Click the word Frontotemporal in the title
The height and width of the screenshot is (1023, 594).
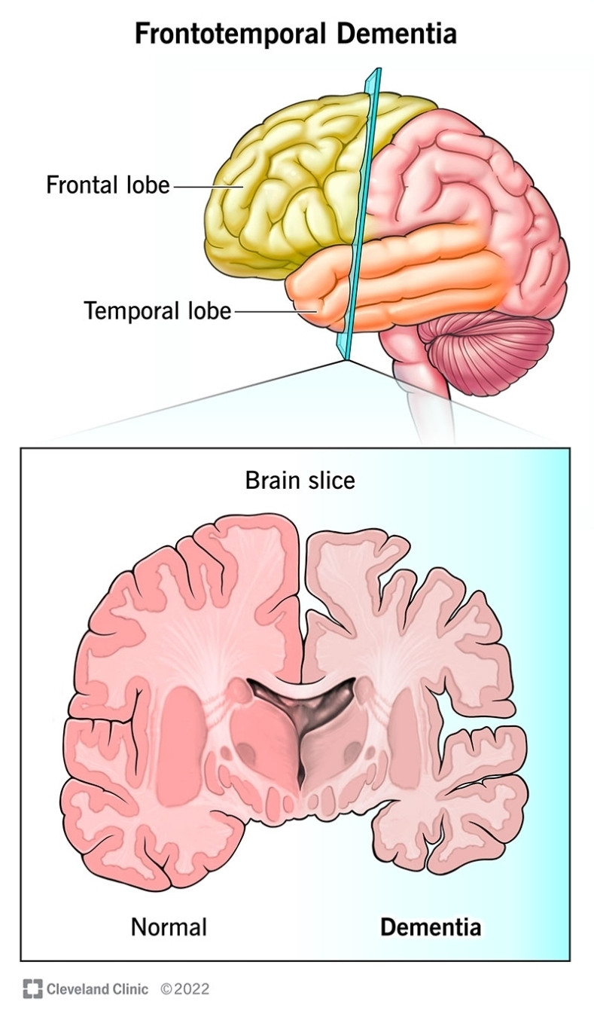point(230,33)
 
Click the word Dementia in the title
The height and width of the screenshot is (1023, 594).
point(396,33)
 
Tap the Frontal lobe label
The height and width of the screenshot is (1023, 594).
point(108,185)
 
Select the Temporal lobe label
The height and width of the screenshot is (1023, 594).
point(157,311)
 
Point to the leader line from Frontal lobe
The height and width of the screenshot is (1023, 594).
point(209,186)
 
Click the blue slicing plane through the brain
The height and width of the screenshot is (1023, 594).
point(363,215)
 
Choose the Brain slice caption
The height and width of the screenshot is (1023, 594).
point(300,481)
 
